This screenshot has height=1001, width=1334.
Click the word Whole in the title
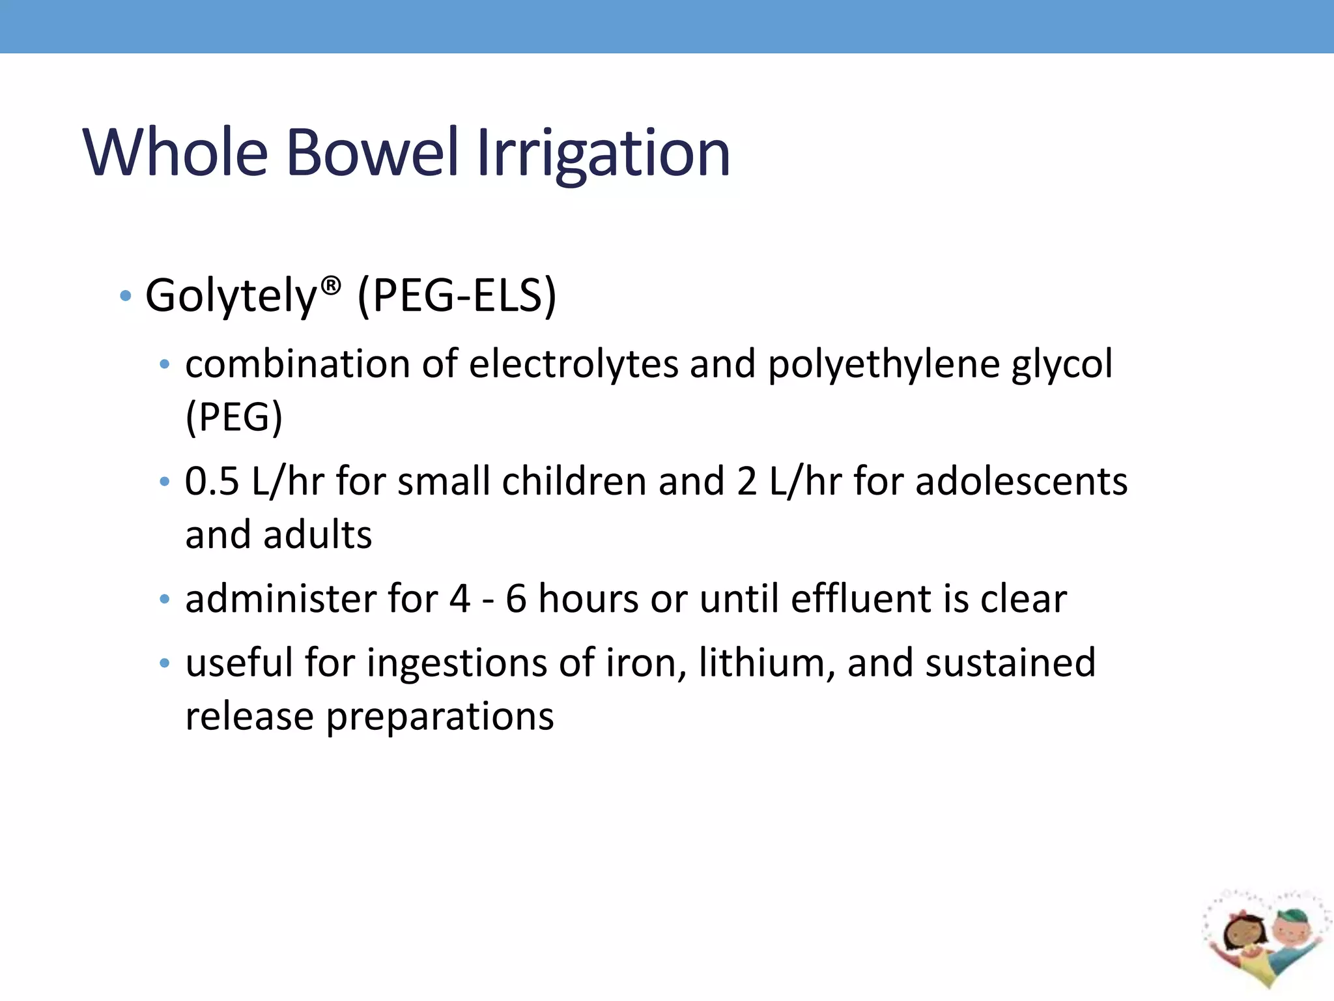[175, 152]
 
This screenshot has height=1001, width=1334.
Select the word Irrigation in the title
[603, 154]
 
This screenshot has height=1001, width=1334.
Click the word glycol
[1062, 365]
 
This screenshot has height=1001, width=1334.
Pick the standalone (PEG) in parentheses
[234, 417]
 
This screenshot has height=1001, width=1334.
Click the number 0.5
[212, 482]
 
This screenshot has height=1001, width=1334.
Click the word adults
[317, 535]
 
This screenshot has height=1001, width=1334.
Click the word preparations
[440, 718]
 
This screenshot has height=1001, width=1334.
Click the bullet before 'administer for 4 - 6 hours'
[165, 599]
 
